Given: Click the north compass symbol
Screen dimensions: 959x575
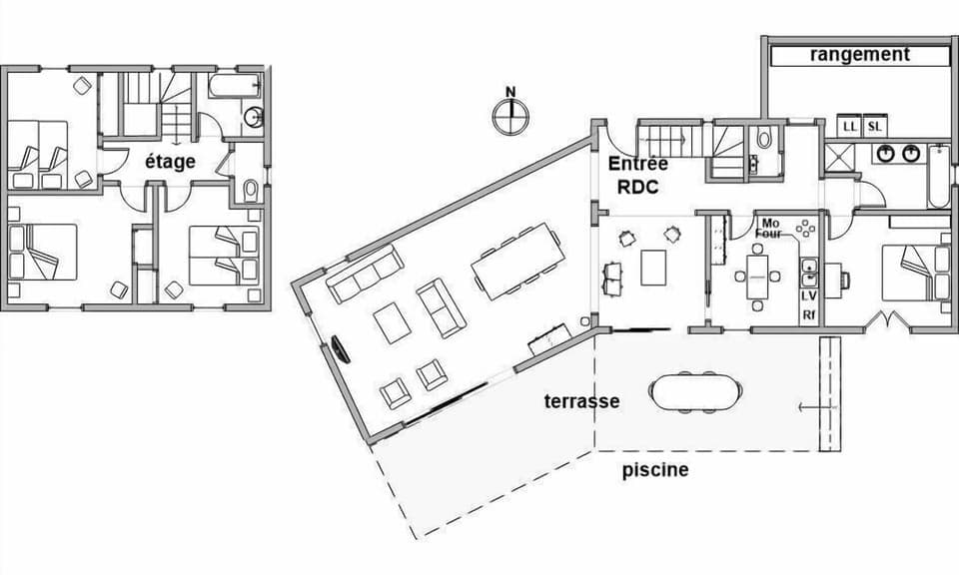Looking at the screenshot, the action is point(510,114).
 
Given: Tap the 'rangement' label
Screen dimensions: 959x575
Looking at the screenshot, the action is point(859,55).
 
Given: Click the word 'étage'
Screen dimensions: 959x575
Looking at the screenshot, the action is point(170,161).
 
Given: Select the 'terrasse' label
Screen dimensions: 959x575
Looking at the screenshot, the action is point(581,401).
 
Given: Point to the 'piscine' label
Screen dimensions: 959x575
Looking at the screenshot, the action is point(655,469).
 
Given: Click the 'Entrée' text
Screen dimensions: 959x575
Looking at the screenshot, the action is point(637,164).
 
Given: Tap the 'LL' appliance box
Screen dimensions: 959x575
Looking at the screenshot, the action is point(850,126).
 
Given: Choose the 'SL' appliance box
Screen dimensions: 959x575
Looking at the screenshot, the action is point(874,126).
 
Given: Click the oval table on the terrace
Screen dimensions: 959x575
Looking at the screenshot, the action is point(696,392).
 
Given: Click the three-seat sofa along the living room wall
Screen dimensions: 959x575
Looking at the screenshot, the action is point(366,274).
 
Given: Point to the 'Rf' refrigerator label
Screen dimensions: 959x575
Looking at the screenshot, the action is point(809,315).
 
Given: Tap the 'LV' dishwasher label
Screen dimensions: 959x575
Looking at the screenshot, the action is point(809,296).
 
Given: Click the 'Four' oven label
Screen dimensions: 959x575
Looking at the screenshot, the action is point(768,234).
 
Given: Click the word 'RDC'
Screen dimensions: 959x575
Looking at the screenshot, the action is point(637,186).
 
